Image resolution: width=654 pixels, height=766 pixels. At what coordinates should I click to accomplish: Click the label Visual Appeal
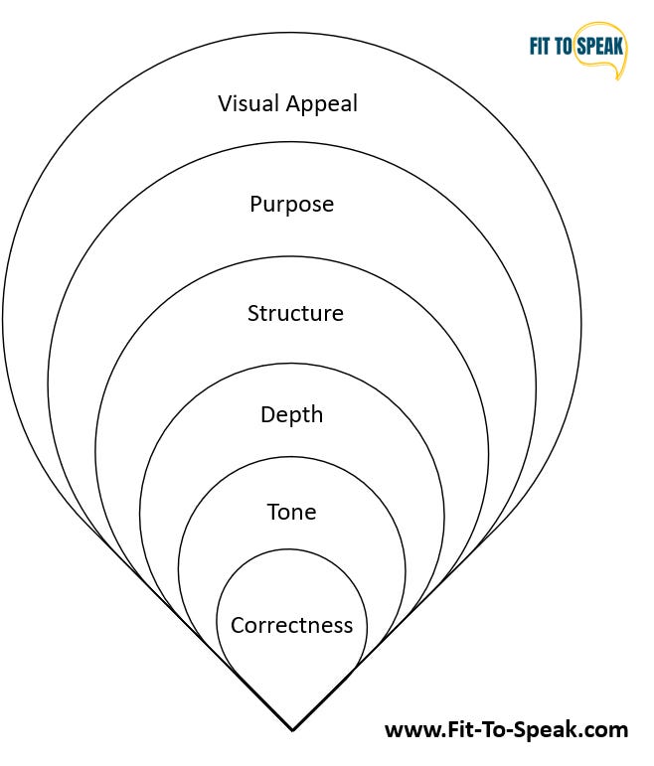pos(288,103)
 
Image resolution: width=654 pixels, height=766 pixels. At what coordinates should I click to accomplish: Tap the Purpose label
pos(291,205)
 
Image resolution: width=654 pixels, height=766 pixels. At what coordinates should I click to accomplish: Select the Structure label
pos(295,314)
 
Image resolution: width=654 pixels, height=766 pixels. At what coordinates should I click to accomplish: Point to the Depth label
pos(292,415)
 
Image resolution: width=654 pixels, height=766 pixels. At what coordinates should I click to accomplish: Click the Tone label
pos(292,513)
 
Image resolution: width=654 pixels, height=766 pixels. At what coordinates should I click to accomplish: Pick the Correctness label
pos(292,626)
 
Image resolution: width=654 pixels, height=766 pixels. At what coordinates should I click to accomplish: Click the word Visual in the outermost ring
pos(248,103)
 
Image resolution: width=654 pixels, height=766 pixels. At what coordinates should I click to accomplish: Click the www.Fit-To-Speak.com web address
pos(506,730)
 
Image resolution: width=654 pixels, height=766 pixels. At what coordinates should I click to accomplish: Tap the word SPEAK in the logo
pos(603,47)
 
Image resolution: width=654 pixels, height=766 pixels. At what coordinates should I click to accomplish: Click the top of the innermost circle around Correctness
pos(292,550)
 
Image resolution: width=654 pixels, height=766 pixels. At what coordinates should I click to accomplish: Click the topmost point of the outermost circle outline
pos(292,32)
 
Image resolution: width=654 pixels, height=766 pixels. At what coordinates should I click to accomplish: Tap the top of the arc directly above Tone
pos(292,459)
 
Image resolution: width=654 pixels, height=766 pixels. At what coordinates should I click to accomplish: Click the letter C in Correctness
pos(238,626)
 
